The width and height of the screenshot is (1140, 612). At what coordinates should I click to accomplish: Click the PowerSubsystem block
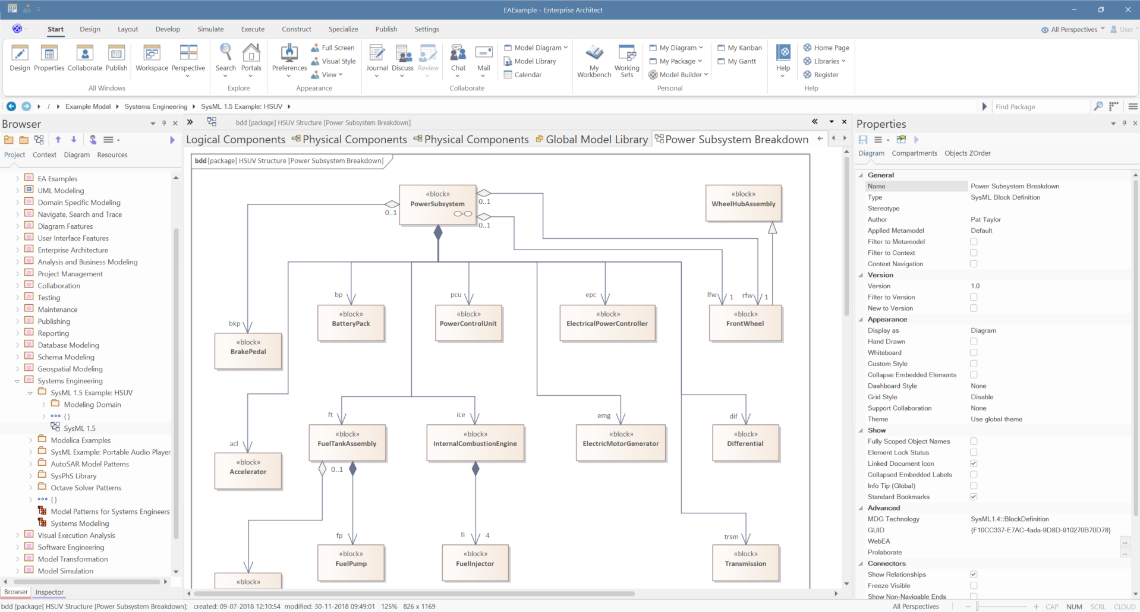point(437,204)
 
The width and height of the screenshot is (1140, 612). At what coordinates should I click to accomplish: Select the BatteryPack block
point(351,323)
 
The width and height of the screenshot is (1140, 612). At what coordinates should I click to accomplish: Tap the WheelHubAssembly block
point(743,203)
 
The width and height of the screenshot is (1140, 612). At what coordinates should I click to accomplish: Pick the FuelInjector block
point(475,563)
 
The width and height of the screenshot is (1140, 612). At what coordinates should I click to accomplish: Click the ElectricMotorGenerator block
point(621,443)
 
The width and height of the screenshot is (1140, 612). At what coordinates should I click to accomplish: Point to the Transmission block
point(745,563)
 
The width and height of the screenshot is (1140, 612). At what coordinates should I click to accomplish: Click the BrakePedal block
point(248,351)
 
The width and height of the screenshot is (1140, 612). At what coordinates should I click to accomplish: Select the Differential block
point(745,443)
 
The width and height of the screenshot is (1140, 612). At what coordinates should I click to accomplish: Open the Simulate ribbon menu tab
point(210,29)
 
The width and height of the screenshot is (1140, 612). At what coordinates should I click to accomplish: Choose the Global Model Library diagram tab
point(591,140)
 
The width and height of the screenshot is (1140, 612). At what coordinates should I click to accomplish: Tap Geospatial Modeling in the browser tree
point(70,369)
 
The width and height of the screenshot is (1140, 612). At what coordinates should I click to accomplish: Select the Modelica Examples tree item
point(81,440)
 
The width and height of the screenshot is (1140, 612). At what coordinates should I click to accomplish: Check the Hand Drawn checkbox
point(974,342)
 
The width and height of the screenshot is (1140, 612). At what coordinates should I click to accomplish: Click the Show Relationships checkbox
point(974,575)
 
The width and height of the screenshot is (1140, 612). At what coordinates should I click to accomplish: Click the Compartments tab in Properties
point(914,153)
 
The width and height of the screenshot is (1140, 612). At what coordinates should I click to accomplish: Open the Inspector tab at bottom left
point(49,592)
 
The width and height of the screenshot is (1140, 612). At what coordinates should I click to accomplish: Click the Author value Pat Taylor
point(985,220)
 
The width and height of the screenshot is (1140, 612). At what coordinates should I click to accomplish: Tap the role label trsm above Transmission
point(731,537)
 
